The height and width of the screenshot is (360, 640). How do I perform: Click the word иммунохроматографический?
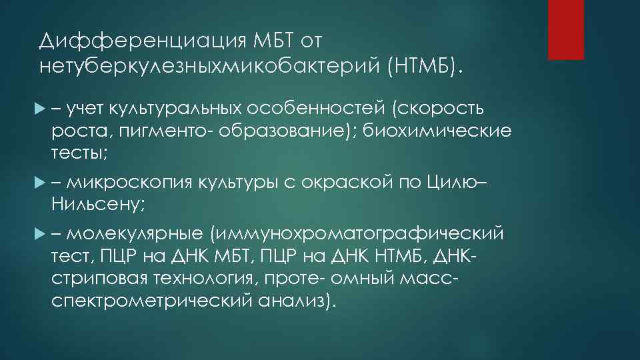point(357,234)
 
